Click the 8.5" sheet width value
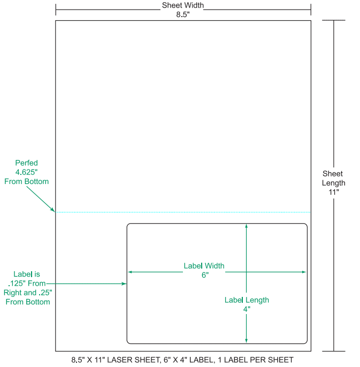pos(183,14)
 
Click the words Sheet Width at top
pos(183,5)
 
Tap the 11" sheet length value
pos(334,192)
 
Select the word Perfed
pos(26,163)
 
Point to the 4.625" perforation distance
pos(26,172)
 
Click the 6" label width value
pos(204,274)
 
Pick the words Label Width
pos(204,265)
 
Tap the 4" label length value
pos(247,309)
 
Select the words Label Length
pos(247,300)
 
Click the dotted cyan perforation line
pos(182,212)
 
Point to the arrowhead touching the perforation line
pos(53,210)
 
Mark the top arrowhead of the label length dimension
pos(246,226)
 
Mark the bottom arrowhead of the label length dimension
pos(246,340)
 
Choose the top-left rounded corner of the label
pos(128,225)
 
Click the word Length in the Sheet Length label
pos(334,182)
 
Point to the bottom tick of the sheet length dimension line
pos(334,351)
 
